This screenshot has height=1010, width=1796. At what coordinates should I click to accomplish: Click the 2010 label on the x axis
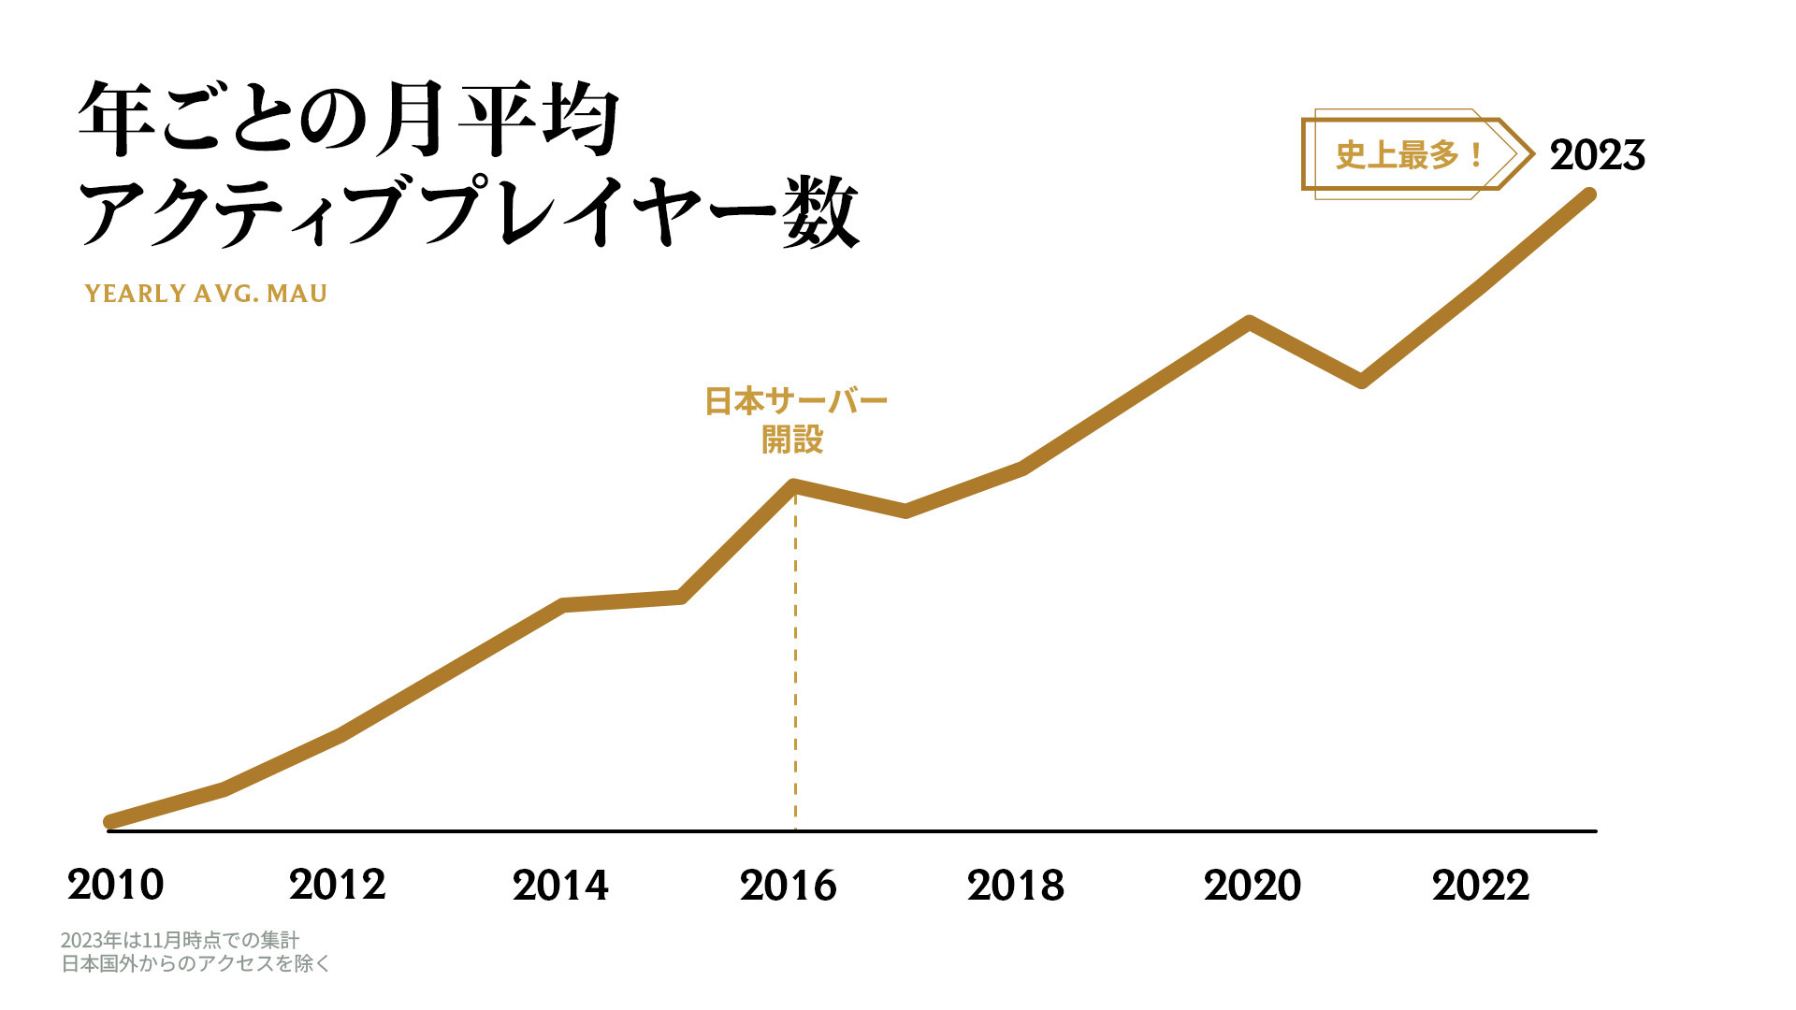116,885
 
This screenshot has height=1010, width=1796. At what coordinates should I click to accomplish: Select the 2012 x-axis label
338,885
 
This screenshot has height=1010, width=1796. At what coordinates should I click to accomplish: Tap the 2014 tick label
560,885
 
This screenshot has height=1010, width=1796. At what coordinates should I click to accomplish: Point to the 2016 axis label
788,885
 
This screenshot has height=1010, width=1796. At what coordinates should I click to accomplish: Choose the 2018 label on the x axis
1016,885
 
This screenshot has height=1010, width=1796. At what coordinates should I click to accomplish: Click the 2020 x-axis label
1253,885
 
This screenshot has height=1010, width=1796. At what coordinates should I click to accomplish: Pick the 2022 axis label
1481,885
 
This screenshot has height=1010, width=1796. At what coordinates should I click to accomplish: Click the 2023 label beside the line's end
1597,155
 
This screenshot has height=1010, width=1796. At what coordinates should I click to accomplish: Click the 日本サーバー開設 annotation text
795,420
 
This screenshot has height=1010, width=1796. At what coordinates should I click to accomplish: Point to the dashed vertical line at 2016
795,673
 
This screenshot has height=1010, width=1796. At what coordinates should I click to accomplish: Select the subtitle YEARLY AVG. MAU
206,294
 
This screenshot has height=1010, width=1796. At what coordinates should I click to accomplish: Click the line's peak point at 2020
1249,323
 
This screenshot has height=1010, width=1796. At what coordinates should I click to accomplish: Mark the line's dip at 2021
1362,381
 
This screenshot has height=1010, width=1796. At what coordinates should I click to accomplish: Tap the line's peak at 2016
794,485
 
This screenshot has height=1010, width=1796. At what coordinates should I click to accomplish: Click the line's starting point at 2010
110,822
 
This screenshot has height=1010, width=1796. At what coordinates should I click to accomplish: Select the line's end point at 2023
1588,195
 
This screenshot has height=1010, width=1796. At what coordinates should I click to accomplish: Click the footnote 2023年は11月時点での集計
181,940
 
